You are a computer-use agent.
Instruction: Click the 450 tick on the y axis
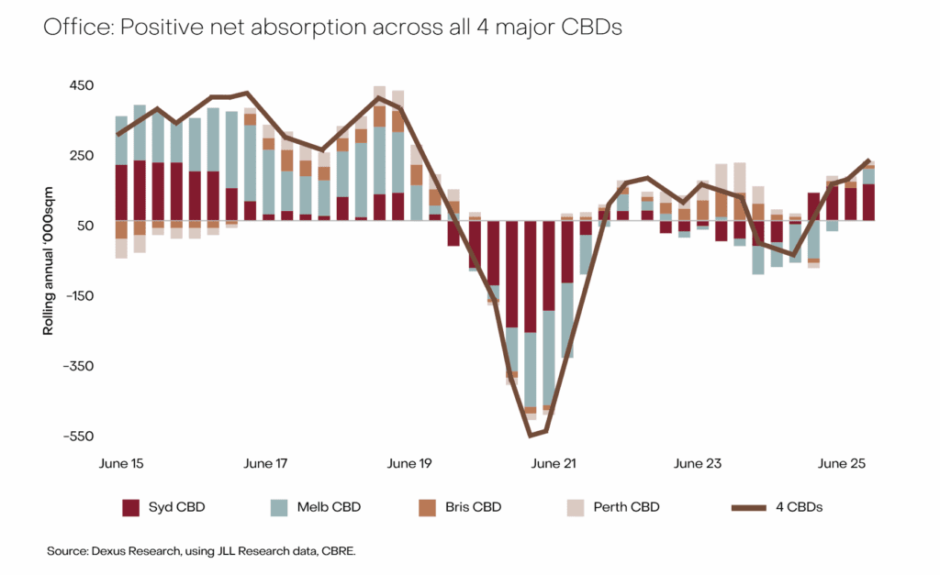pyautogui.click(x=81, y=86)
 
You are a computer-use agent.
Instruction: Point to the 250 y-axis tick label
pyautogui.click(x=81, y=156)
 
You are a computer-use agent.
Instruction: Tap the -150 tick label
pyautogui.click(x=78, y=296)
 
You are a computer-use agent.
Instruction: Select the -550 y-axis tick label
pyautogui.click(x=78, y=437)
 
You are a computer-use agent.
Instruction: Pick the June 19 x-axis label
pyautogui.click(x=408, y=464)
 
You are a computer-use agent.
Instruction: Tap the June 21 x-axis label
pyautogui.click(x=554, y=464)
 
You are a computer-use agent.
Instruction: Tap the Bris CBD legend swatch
pyautogui.click(x=426, y=507)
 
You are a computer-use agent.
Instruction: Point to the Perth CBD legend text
pyautogui.click(x=626, y=507)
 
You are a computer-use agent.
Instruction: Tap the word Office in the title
pyautogui.click(x=70, y=28)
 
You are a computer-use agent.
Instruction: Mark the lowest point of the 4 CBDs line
pyautogui.click(x=530, y=435)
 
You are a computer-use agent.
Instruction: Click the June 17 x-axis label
pyautogui.click(x=264, y=464)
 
